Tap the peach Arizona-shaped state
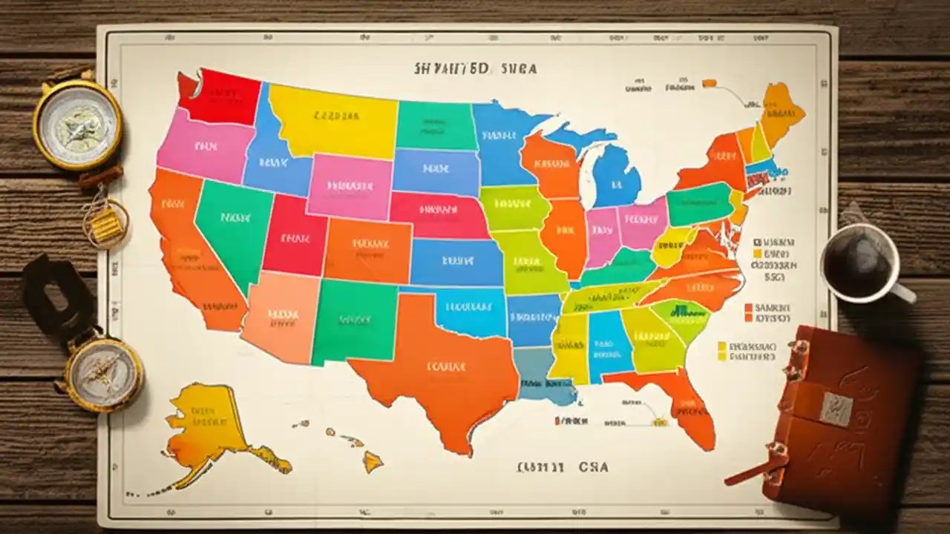tap(281, 315)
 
